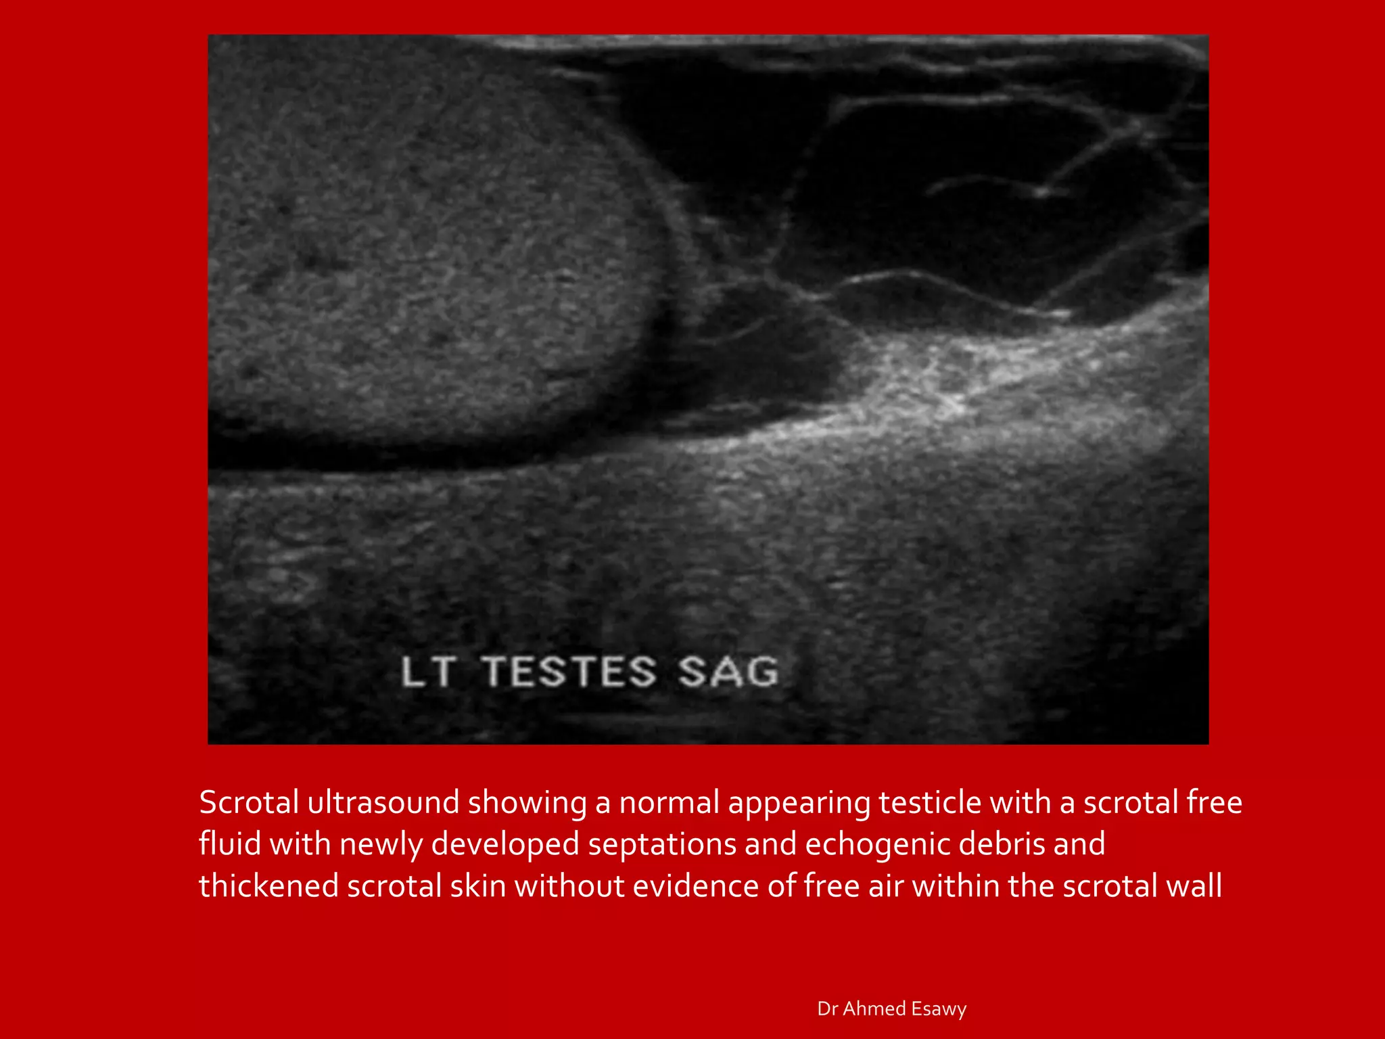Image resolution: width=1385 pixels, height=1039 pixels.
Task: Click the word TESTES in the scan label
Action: click(x=569, y=672)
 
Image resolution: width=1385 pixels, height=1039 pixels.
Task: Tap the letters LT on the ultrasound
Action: click(x=427, y=672)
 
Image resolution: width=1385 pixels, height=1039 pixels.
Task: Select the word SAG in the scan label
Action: click(x=728, y=672)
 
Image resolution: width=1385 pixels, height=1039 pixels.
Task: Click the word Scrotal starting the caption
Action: click(x=249, y=803)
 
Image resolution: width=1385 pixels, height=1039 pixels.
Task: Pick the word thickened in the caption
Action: click(x=268, y=887)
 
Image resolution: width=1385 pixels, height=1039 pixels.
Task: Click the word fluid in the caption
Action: click(x=230, y=845)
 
